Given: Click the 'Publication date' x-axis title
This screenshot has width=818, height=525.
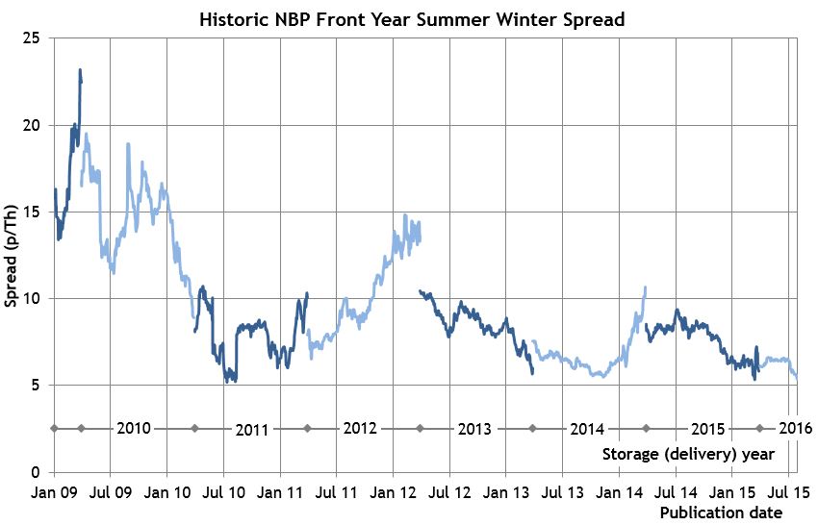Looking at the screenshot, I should [x=721, y=513].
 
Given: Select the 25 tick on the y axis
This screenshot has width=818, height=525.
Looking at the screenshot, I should [x=32, y=38].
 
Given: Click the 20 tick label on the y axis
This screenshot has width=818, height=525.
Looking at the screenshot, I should [x=32, y=125].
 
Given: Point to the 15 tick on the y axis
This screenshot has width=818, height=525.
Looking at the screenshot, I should [x=32, y=212].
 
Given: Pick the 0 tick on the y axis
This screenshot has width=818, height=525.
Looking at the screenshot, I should [x=36, y=472].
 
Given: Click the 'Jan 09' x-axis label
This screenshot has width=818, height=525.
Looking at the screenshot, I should [x=54, y=492].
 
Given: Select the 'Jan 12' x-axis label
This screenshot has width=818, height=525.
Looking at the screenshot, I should [x=393, y=492].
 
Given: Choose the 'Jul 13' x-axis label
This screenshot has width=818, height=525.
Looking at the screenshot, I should [x=562, y=492].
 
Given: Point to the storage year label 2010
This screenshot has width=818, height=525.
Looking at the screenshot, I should [x=133, y=428].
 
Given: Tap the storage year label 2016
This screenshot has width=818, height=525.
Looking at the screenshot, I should [x=795, y=428].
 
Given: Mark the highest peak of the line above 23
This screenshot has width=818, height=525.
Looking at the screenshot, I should [x=81, y=70].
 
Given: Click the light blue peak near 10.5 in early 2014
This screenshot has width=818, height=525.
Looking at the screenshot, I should [x=645, y=287].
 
